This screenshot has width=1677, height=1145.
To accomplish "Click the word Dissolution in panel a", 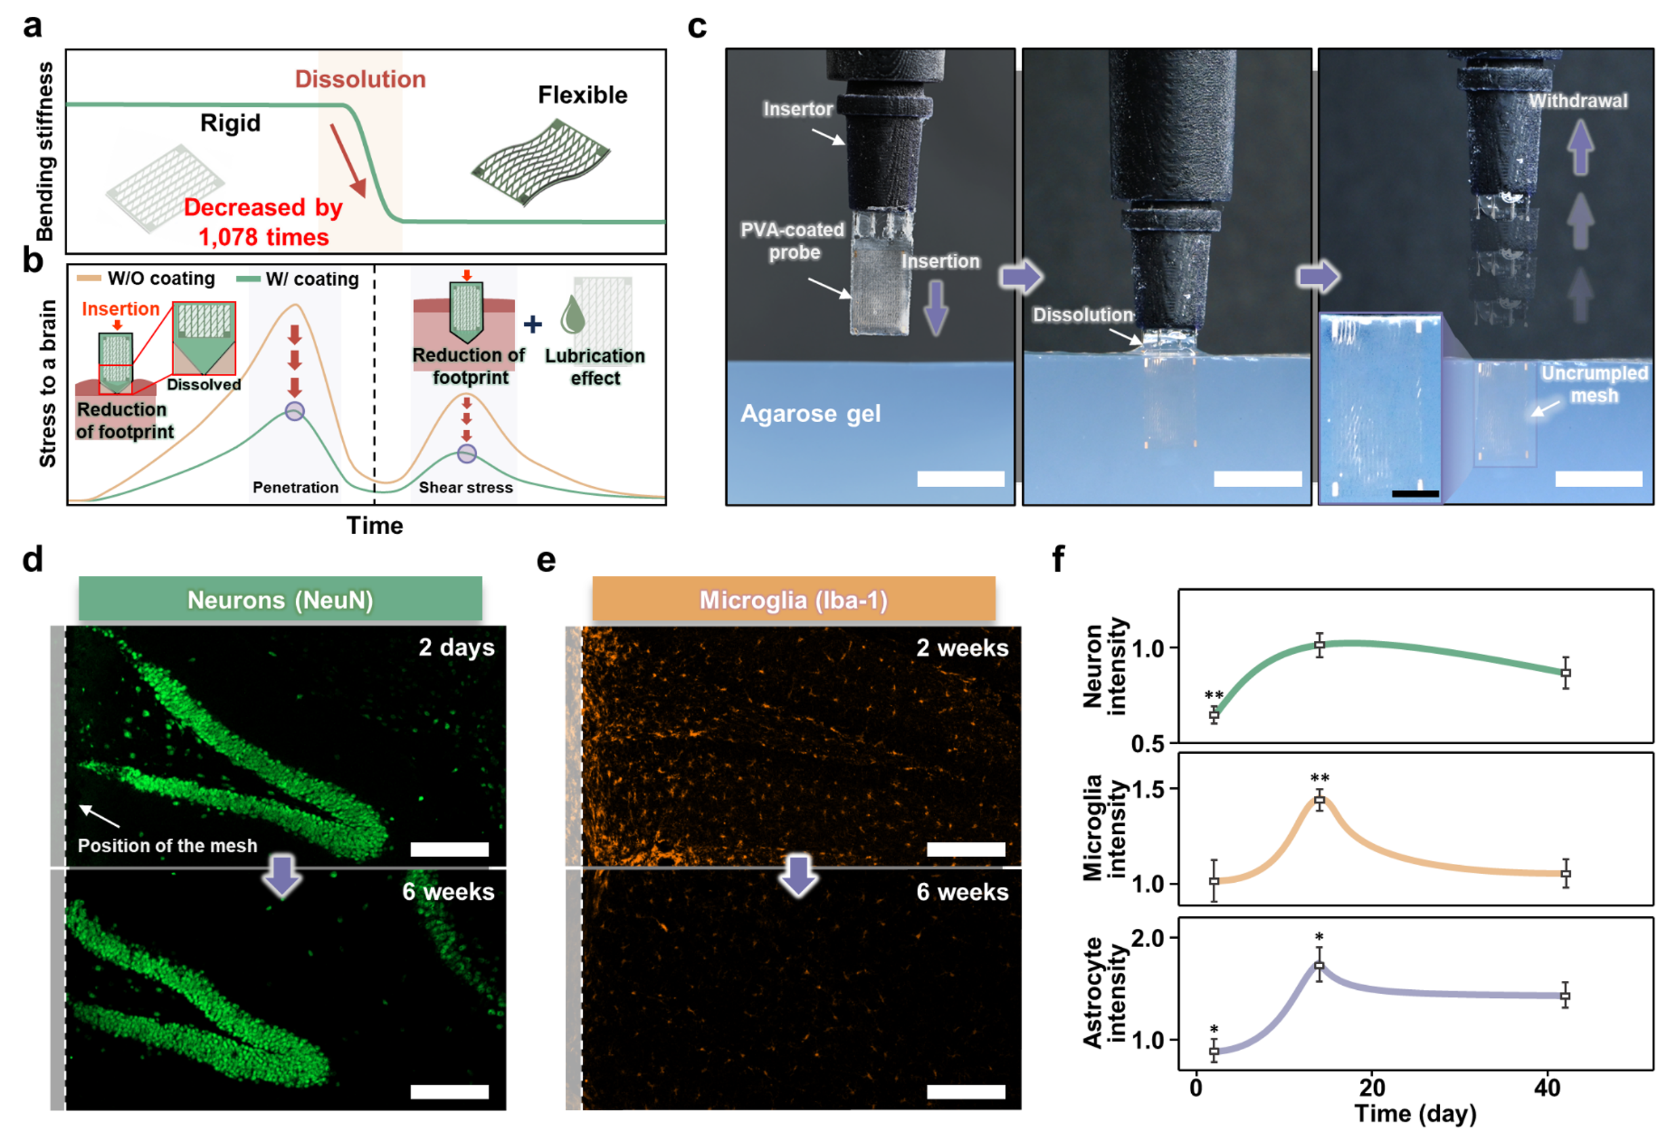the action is click(x=360, y=79).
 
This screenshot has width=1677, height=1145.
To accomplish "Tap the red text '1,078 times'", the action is click(x=264, y=237).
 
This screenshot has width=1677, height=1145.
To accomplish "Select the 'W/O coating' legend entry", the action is click(x=146, y=278).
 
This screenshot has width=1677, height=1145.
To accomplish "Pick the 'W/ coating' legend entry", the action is click(x=303, y=279).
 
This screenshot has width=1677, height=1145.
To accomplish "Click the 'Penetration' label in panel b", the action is click(x=295, y=488).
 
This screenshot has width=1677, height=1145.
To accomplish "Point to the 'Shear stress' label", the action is click(x=466, y=488).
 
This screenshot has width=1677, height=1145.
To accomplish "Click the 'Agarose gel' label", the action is click(x=810, y=414).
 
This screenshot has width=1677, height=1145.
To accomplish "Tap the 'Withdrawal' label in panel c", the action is click(x=1578, y=100).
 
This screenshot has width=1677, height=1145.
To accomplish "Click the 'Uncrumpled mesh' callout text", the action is click(x=1595, y=384).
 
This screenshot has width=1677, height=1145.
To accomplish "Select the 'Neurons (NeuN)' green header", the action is click(x=280, y=600).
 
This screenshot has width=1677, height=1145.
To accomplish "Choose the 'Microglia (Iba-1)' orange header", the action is click(x=793, y=600).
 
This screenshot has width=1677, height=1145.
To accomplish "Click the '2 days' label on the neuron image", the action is click(x=457, y=647).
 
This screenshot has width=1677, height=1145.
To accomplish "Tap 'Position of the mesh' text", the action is click(x=167, y=846).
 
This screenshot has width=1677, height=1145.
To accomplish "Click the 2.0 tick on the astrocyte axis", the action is click(x=1151, y=938).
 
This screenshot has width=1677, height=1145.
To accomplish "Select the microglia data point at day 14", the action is click(x=1320, y=801).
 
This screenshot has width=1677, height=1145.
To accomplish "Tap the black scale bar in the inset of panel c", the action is click(x=1415, y=494).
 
